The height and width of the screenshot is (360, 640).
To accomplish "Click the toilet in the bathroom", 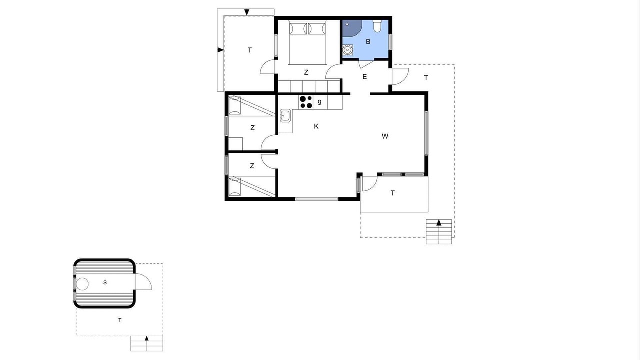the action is pyautogui.click(x=377, y=25).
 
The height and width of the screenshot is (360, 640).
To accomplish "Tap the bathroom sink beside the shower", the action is pyautogui.click(x=347, y=50).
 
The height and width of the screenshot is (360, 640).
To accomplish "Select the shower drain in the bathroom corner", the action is pyautogui.click(x=347, y=24).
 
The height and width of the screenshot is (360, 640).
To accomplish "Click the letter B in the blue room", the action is pyautogui.click(x=368, y=42).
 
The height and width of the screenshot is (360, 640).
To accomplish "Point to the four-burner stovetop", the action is pyautogui.click(x=306, y=102).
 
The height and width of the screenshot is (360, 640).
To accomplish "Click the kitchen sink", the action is pyautogui.click(x=285, y=115).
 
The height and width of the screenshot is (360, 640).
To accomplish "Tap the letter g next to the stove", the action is pyautogui.click(x=319, y=101).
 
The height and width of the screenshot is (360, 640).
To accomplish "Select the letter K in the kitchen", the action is pyautogui.click(x=316, y=126).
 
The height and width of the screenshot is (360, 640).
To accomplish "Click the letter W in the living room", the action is pyautogui.click(x=385, y=136).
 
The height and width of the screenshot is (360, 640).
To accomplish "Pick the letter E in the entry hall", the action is pyautogui.click(x=364, y=77).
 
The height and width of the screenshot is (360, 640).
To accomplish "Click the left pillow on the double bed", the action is pyautogui.click(x=298, y=29).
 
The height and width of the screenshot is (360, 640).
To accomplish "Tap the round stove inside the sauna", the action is pyautogui.click(x=82, y=284).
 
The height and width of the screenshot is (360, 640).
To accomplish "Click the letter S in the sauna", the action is pyautogui.click(x=105, y=283).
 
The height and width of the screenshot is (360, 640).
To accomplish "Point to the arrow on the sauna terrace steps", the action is pyautogui.click(x=147, y=338).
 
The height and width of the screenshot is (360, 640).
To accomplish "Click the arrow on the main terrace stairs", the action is pyautogui.click(x=439, y=223).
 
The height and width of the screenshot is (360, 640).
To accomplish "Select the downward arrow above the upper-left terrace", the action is pyautogui.click(x=247, y=12).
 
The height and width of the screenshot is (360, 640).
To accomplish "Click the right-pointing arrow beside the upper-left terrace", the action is pyautogui.click(x=220, y=50).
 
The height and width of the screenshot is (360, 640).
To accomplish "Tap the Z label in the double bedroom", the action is pyautogui.click(x=306, y=73).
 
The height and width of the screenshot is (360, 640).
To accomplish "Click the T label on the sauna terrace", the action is pyautogui.click(x=120, y=320).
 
